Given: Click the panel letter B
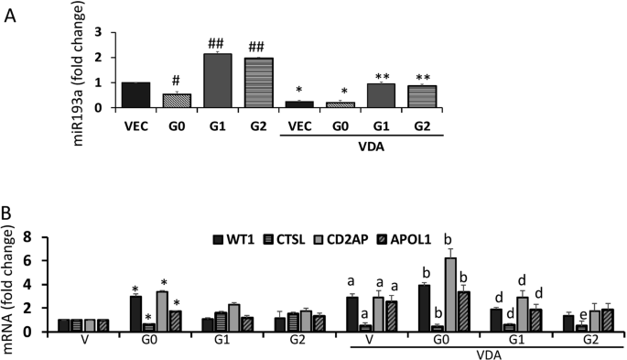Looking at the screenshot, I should point(10,212).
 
